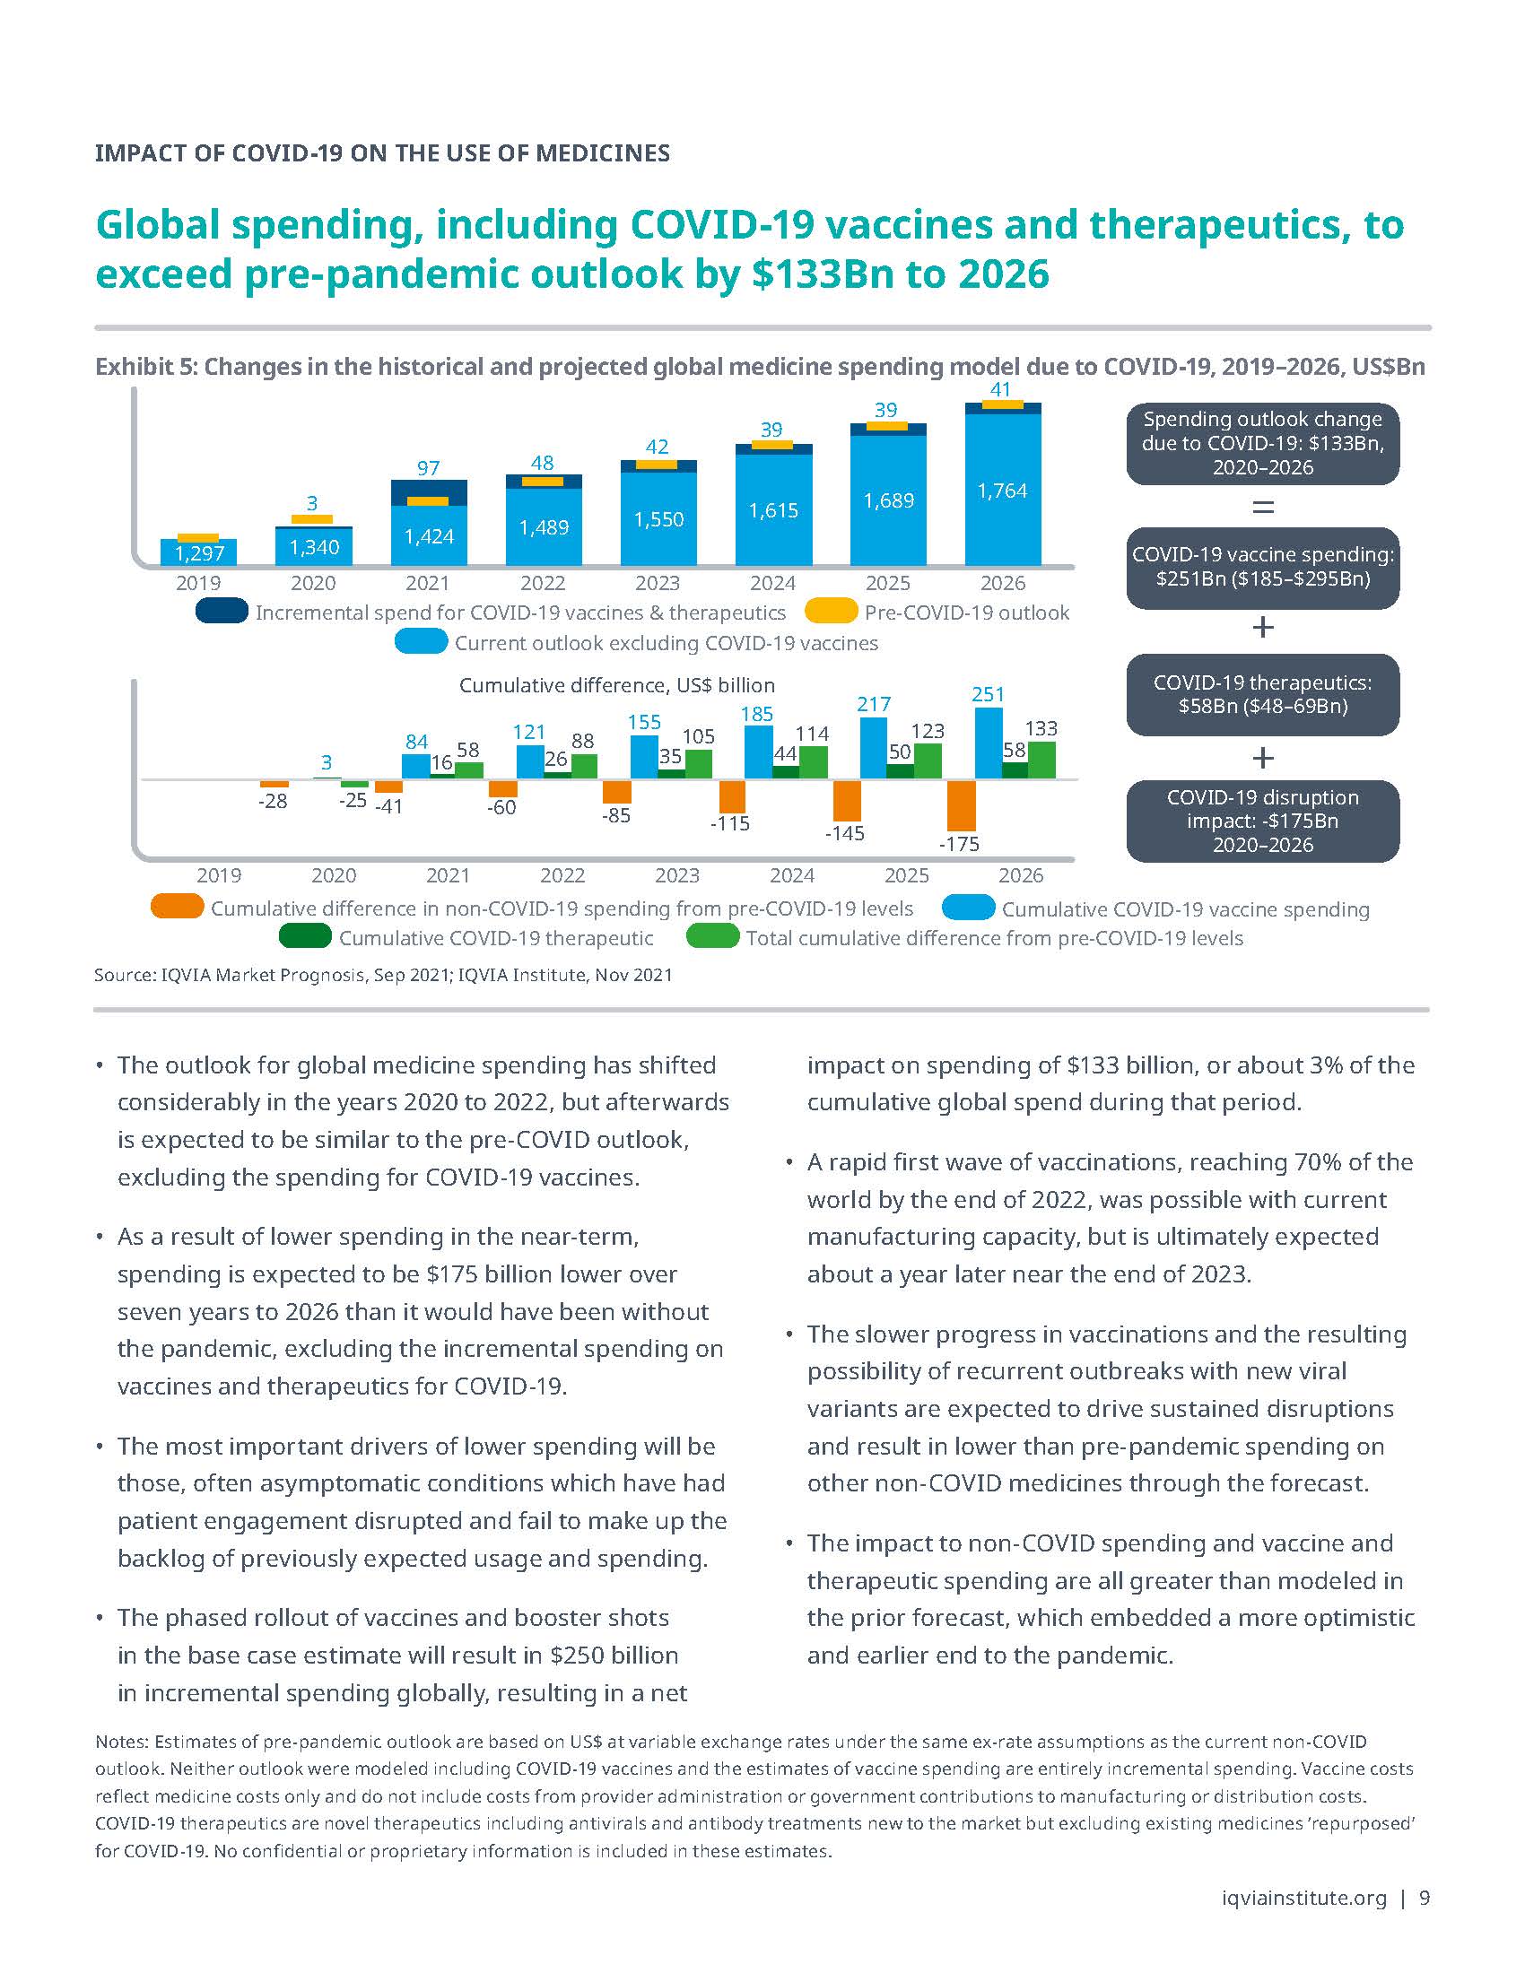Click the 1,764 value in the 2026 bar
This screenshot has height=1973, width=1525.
1002,491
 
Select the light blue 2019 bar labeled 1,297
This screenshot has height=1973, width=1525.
199,552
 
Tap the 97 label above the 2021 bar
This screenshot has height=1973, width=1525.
428,468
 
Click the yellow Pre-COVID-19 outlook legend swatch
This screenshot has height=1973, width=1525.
831,612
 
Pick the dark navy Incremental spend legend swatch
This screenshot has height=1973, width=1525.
222,612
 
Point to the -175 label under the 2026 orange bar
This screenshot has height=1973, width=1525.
959,844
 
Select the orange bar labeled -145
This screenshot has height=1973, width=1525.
847,800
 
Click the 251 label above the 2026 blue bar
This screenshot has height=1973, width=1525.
988,694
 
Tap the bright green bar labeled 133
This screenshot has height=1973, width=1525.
1041,760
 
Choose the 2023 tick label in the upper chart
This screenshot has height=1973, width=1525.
658,583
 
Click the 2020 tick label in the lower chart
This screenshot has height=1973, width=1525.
334,875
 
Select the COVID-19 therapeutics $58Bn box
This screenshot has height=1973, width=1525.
1262,695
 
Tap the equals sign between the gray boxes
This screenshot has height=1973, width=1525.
1262,507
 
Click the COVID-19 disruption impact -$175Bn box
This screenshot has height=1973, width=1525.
1262,821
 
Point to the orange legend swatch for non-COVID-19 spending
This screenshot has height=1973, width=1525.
177,907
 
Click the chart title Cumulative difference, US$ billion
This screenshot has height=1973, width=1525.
617,685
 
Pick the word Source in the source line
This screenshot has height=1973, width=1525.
123,975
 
